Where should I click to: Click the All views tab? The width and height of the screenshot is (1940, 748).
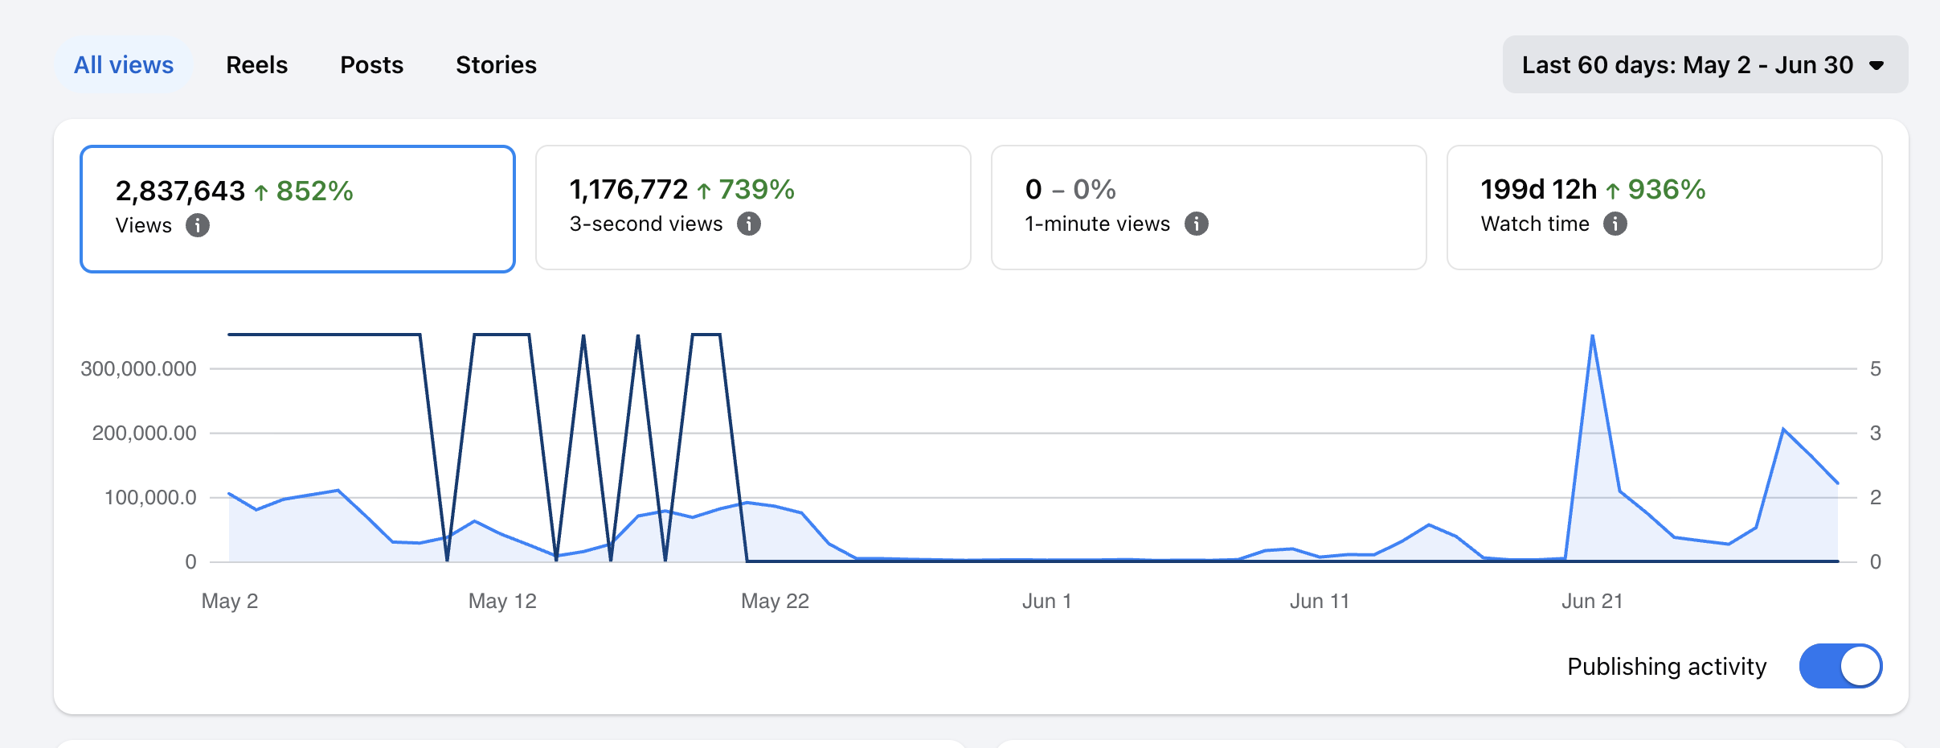pos(124,64)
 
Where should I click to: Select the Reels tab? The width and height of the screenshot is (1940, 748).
pos(256,64)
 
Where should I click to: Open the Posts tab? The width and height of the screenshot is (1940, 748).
pos(371,64)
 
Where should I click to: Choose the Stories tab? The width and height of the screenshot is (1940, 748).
pos(496,64)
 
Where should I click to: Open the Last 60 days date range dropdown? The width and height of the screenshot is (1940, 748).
pos(1705,64)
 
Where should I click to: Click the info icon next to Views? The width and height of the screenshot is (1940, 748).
pos(198,225)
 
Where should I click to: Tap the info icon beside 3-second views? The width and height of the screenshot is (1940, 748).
pos(749,224)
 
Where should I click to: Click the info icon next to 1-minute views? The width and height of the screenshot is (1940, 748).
pos(1197,224)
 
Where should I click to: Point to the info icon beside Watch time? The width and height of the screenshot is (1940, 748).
pos(1615,224)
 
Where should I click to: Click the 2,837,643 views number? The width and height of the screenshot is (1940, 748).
pos(180,191)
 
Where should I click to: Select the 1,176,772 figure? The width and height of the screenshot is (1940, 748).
pos(628,189)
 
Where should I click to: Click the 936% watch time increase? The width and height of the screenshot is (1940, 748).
pos(1666,189)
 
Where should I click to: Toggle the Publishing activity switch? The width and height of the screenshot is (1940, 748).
pos(1840,666)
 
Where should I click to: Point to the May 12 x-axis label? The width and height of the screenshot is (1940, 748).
pos(502,601)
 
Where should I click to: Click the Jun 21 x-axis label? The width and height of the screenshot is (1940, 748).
pos(1592,601)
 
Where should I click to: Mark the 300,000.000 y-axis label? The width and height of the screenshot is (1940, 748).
pos(138,368)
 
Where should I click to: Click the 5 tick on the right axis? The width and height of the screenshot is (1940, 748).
pos(1875,368)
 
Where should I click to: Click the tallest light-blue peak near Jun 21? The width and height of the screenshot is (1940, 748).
pos(1593,336)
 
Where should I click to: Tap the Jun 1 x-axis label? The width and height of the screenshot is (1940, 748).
pos(1046,601)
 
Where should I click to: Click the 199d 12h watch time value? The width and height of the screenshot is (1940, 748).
pos(1538,189)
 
